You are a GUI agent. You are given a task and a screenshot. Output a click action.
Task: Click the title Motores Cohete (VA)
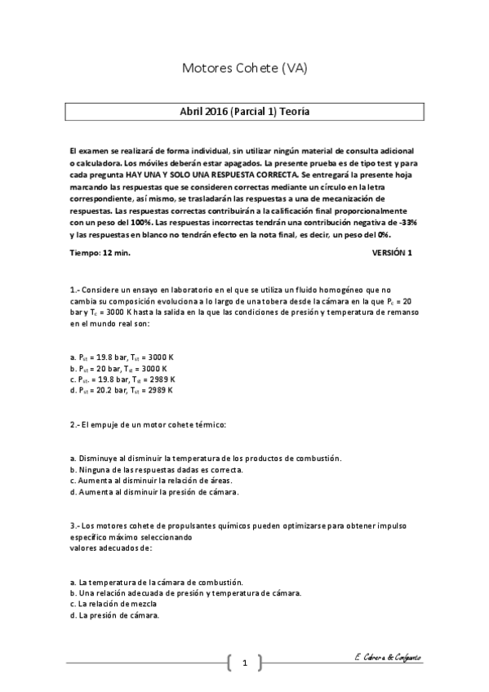click(244, 69)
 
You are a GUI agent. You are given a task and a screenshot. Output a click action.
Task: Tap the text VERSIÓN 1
click(392, 253)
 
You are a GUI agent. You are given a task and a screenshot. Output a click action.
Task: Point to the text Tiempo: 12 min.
click(100, 253)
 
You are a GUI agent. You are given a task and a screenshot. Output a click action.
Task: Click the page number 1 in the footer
click(244, 662)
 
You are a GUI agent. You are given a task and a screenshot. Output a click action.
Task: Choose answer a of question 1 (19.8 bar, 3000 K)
click(122, 357)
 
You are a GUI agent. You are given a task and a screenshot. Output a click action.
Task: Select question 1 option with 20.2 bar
click(122, 390)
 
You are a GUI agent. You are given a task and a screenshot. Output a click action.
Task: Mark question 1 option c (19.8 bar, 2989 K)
click(122, 379)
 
